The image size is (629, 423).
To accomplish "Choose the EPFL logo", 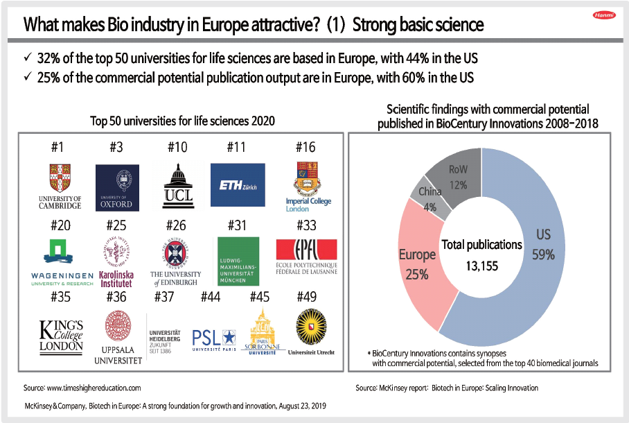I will pos(305,257).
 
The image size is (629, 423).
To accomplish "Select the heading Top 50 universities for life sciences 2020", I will pos(182,121).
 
